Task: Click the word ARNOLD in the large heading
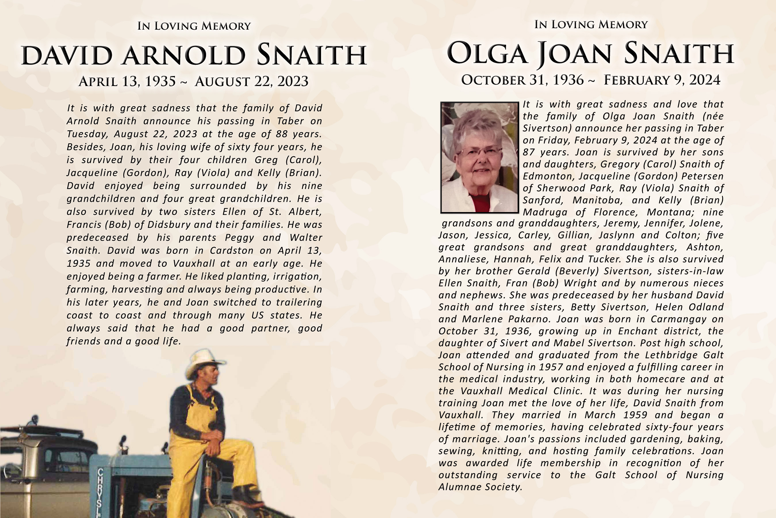point(184,55)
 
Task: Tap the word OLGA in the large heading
point(486,54)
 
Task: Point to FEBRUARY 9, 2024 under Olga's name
point(662,80)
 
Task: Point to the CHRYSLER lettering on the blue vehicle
point(100,492)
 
